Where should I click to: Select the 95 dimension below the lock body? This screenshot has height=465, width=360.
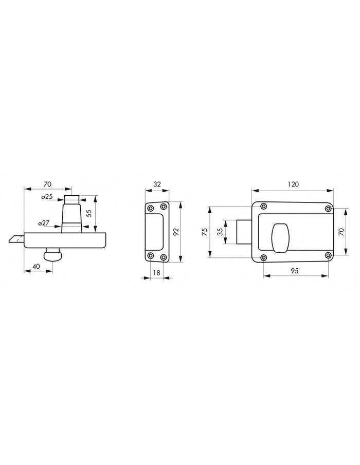click(296, 271)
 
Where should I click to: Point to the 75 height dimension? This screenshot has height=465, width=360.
click(205, 231)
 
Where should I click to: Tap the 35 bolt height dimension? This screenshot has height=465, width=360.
click(221, 232)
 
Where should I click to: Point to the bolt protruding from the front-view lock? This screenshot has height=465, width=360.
click(243, 232)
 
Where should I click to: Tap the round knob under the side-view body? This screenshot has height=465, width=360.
click(52, 255)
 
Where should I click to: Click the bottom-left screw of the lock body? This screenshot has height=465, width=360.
click(264, 257)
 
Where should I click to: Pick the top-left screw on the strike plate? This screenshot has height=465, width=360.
click(150, 208)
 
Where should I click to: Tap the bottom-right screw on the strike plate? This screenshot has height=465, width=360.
click(163, 256)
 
